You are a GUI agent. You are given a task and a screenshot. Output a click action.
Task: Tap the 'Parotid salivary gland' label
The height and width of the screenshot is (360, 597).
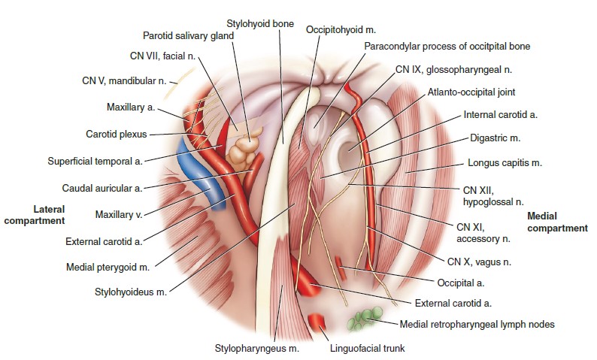189,35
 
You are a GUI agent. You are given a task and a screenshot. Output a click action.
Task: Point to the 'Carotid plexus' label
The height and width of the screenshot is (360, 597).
115,135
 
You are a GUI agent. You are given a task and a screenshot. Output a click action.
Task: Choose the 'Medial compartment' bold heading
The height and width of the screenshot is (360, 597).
557,222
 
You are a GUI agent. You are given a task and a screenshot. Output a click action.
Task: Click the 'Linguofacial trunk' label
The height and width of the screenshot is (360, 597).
366,349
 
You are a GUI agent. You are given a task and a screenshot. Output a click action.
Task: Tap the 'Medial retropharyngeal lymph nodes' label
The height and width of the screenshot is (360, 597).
476,325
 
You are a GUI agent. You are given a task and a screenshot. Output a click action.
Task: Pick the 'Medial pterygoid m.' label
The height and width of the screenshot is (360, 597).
107,267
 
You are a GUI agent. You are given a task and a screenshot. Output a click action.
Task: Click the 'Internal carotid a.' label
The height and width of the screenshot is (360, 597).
501,115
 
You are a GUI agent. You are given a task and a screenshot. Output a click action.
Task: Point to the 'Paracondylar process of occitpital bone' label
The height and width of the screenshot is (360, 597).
447,47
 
